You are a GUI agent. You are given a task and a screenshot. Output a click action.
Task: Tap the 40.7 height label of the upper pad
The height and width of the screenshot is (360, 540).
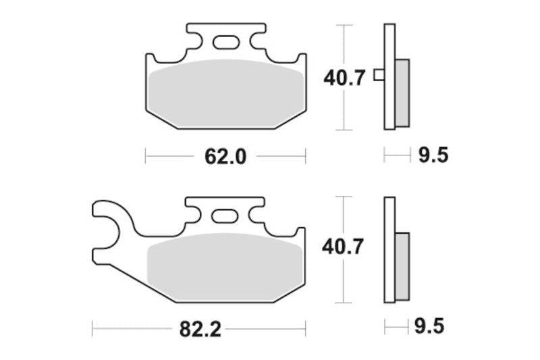pyautogui.click(x=344, y=78)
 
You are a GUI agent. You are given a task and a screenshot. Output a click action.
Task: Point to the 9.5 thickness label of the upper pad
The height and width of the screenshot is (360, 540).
pyautogui.click(x=433, y=156)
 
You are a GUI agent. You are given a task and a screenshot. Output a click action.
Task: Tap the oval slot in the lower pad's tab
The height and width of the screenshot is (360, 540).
pyautogui.click(x=225, y=217)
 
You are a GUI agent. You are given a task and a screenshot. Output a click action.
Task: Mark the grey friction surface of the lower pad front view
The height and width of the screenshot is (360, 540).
pyautogui.click(x=225, y=267)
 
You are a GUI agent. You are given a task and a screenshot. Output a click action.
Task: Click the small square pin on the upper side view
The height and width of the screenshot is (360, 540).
pyautogui.click(x=379, y=76)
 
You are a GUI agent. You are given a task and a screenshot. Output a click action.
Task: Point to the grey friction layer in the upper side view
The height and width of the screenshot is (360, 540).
pyautogui.click(x=402, y=92)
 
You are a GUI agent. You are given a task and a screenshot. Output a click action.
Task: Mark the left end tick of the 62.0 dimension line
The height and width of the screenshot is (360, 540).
pyautogui.click(x=146, y=156)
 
